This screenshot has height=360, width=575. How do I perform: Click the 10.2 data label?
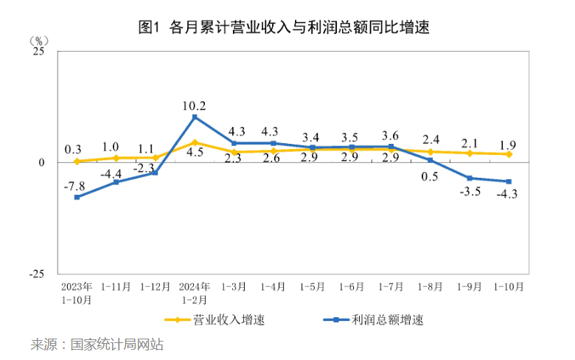pos(194,105)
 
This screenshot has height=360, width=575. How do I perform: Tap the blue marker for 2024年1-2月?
pos(195,117)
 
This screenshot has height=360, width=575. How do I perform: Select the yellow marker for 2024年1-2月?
pos(195,142)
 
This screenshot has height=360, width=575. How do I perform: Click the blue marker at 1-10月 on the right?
pos(509,181)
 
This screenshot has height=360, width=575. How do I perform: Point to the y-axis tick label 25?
pos(39,52)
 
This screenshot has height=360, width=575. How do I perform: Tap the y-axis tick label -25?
pos(36,274)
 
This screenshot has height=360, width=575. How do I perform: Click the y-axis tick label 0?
pos(42,162)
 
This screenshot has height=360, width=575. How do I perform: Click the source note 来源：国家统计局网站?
pos(97,345)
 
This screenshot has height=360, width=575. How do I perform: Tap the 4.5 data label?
pos(194,153)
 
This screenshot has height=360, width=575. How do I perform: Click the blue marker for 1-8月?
pos(431,160)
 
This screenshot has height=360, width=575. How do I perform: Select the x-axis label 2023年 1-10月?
pos(77,293)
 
